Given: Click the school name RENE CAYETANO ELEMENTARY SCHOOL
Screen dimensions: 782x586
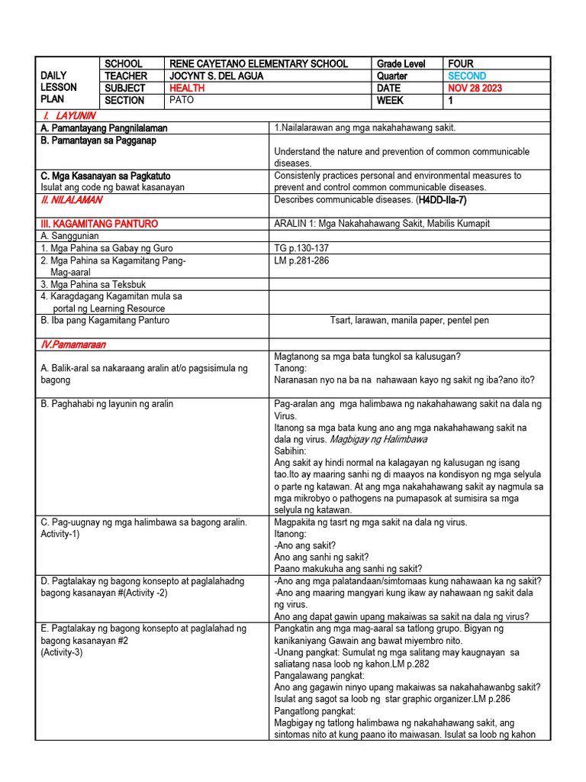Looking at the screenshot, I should point(258,64).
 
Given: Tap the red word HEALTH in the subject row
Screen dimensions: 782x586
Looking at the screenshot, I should point(188,89).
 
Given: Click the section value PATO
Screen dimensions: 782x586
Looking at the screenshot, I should point(182,101).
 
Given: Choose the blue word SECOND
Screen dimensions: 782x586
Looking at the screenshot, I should point(467,76).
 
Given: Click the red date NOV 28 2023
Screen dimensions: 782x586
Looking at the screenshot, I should point(475,89).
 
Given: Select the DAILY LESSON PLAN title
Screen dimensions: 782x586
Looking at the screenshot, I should point(58,88).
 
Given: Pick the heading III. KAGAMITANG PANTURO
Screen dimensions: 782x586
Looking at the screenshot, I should point(99,224).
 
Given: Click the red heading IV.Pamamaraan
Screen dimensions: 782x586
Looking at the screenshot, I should point(73,344).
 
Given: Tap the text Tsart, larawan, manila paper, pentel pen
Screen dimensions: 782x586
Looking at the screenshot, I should point(409,321).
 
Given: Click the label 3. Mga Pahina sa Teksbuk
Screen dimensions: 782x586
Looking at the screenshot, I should point(92,284).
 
